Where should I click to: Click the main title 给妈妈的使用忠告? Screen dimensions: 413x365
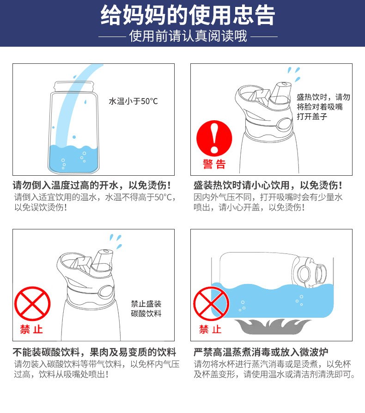pyautogui.click(x=182, y=15)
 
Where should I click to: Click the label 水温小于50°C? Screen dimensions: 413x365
pyautogui.click(x=133, y=101)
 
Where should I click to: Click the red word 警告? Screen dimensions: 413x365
pyautogui.click(x=214, y=164)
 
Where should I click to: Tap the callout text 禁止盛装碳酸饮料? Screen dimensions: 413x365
pyautogui.click(x=146, y=308)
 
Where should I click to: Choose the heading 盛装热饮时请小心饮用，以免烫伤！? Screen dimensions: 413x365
pyautogui.click(x=268, y=185)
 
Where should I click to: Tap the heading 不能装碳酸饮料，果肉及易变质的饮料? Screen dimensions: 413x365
pyautogui.click(x=94, y=351)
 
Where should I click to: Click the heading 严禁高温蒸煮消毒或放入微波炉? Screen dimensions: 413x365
pyautogui.click(x=261, y=351)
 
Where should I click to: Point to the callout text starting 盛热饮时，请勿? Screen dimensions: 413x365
pyautogui.click(x=323, y=107)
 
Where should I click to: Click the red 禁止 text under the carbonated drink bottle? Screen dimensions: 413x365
pyautogui.click(x=31, y=330)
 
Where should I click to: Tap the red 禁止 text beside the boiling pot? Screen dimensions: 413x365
pyautogui.click(x=210, y=330)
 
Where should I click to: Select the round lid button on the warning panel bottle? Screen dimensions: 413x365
pyautogui.click(x=283, y=123)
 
